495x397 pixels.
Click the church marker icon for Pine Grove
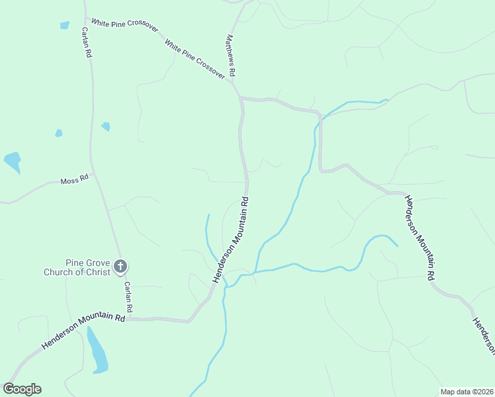(x=120, y=267)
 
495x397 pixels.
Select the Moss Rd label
(x=74, y=179)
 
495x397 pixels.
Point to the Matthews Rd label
(x=231, y=55)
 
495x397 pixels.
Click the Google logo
(x=22, y=388)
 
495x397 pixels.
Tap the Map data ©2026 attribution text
(x=466, y=392)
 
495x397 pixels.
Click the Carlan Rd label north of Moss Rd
(x=86, y=43)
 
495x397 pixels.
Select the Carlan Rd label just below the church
(x=128, y=297)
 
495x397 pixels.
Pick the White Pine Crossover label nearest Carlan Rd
(x=125, y=27)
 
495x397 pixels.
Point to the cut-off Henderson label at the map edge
(x=482, y=334)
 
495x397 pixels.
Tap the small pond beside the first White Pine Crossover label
(x=64, y=26)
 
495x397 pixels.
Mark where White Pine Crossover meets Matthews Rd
(x=232, y=83)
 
